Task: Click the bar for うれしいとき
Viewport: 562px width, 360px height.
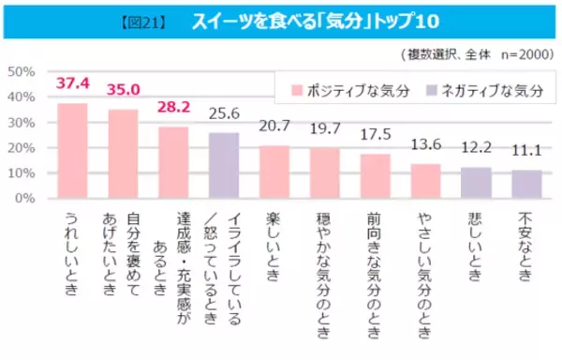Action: (72, 151)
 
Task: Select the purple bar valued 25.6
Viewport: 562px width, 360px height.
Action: (224, 166)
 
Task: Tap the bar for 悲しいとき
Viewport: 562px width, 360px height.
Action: (476, 183)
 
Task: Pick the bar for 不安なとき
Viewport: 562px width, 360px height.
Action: (526, 185)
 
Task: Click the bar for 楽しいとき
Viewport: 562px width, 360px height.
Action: (274, 172)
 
